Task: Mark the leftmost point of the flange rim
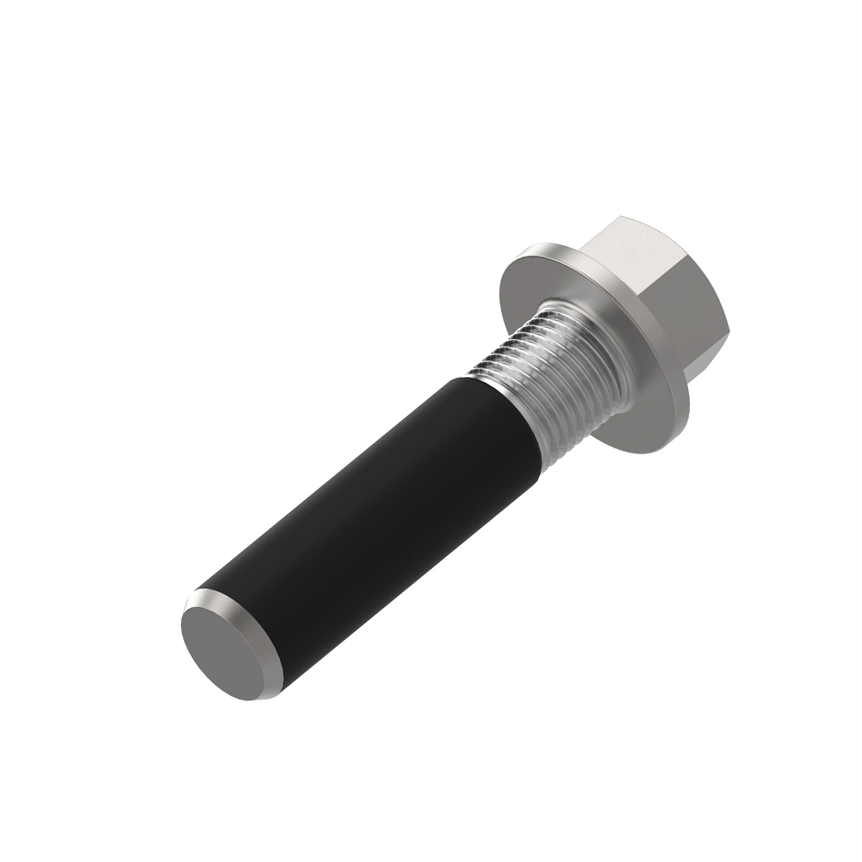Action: pyautogui.click(x=499, y=287)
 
